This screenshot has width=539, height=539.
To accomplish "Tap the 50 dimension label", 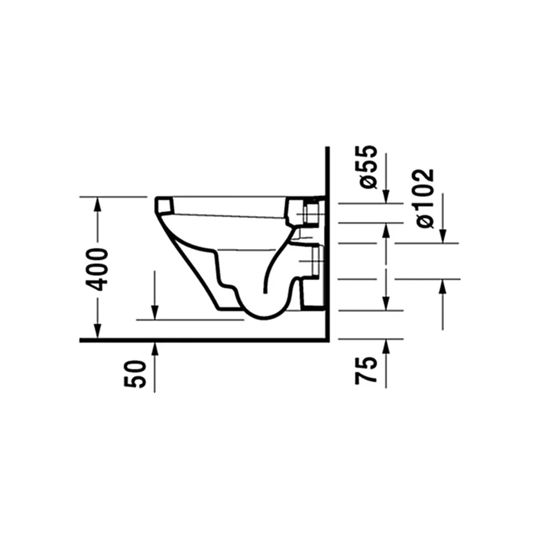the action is pos(134,374).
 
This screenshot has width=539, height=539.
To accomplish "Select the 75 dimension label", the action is pos(366,370).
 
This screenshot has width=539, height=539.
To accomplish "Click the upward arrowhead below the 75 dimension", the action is pos(386,347).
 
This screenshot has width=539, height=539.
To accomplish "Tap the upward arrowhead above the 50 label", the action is pos(155,349).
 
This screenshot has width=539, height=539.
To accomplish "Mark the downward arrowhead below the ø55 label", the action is pos(386,196).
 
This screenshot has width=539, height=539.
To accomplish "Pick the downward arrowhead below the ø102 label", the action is pos(443,236).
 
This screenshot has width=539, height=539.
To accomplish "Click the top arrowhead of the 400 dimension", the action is pos(98,204).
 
